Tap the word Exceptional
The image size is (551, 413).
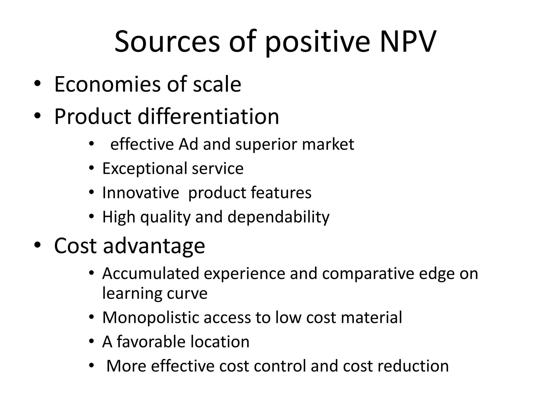145,169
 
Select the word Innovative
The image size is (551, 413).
140,193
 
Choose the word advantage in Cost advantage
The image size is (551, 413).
154,246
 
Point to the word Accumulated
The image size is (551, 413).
150,273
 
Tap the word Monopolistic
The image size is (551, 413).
151,318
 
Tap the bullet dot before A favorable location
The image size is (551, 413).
91,342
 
